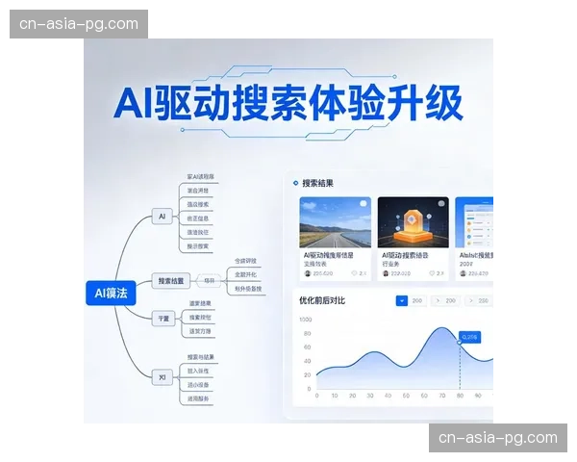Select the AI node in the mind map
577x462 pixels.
point(163,218)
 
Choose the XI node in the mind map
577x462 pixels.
point(163,377)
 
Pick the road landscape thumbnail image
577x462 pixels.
point(336,222)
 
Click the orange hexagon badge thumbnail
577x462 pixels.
point(413,222)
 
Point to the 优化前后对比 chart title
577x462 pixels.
point(323,301)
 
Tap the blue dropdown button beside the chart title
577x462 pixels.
point(402,301)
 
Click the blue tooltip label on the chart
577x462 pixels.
point(471,338)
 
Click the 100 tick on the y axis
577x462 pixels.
point(306,320)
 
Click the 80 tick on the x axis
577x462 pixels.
point(460,396)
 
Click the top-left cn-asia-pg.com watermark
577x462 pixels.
point(81,24)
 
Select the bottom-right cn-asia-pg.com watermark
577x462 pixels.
point(497,438)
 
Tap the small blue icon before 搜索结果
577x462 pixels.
point(295,183)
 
